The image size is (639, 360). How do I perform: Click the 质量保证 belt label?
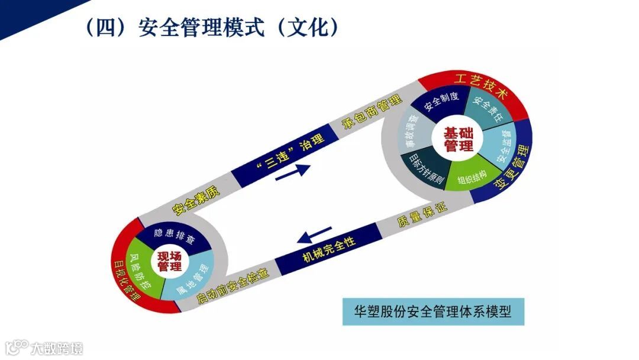click(x=421, y=214)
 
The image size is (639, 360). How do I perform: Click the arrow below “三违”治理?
click(x=293, y=171)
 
